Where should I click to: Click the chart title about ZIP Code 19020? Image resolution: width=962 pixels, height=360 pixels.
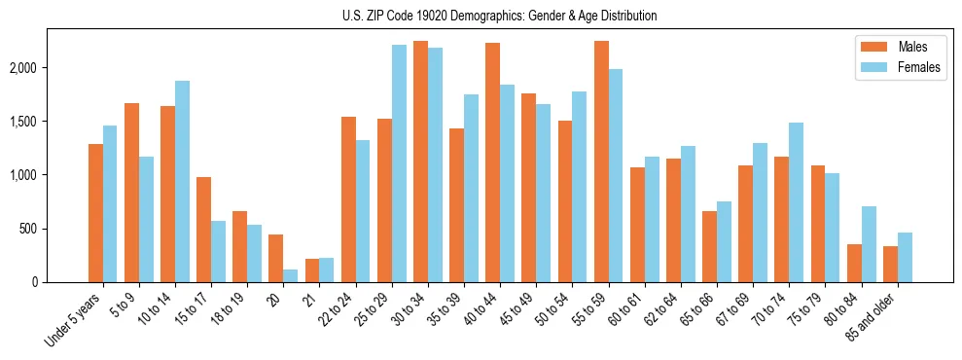click(x=500, y=16)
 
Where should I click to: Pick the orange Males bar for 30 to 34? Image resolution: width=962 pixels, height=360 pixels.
click(x=420, y=162)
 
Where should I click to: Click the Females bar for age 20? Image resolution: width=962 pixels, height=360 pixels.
click(x=290, y=275)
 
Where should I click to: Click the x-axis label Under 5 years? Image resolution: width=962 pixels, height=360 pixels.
click(x=74, y=319)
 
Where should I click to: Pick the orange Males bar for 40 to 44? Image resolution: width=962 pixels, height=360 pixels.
click(x=492, y=162)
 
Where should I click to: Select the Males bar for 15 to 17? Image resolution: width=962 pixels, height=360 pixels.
click(x=203, y=230)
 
